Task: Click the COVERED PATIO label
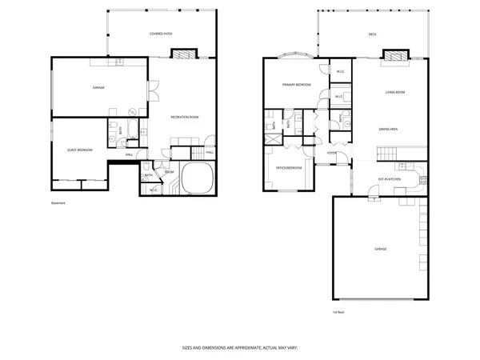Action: pos(162,34)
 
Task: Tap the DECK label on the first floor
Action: pos(372,34)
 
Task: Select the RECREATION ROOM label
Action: pos(184,118)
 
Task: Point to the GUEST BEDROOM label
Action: pos(79,150)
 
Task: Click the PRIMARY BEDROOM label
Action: pos(296,85)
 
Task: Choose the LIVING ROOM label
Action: pos(395,92)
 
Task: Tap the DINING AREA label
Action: pos(390,128)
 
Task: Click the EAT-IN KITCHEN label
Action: pos(390,178)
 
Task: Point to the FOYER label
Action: pos(331,152)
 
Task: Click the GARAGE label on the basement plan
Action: pos(98,87)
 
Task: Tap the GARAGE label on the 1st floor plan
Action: pos(380,249)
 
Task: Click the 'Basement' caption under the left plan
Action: pos(58,203)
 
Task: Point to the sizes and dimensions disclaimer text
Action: pos(240,350)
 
